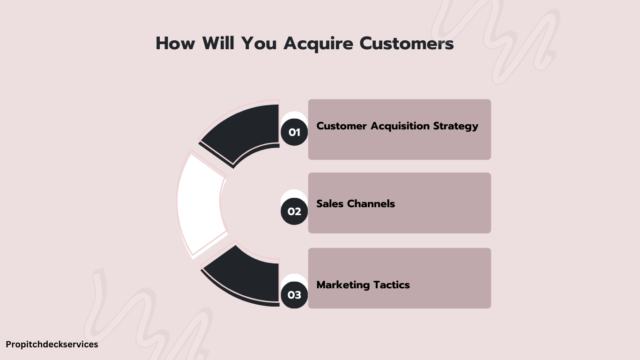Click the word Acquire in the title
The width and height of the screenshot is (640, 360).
pyautogui.click(x=318, y=44)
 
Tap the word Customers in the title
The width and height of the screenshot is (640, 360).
pyautogui.click(x=407, y=44)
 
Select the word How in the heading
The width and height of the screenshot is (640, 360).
pyautogui.click(x=175, y=44)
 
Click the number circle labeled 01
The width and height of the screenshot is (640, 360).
pyautogui.click(x=294, y=132)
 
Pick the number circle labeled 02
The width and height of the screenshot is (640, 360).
pyautogui.click(x=294, y=211)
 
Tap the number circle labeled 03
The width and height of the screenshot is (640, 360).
pyautogui.click(x=294, y=295)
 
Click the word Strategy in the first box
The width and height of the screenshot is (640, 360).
pyautogui.click(x=455, y=127)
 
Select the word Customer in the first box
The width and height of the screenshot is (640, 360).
pyautogui.click(x=342, y=126)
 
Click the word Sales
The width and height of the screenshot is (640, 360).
pyautogui.click(x=330, y=203)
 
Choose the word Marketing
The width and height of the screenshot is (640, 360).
pyautogui.click(x=343, y=285)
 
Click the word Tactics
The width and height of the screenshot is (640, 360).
pyautogui.click(x=391, y=285)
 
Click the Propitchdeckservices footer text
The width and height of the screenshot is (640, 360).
pyautogui.click(x=52, y=345)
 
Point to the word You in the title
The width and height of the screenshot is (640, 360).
pyautogui.click(x=259, y=44)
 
